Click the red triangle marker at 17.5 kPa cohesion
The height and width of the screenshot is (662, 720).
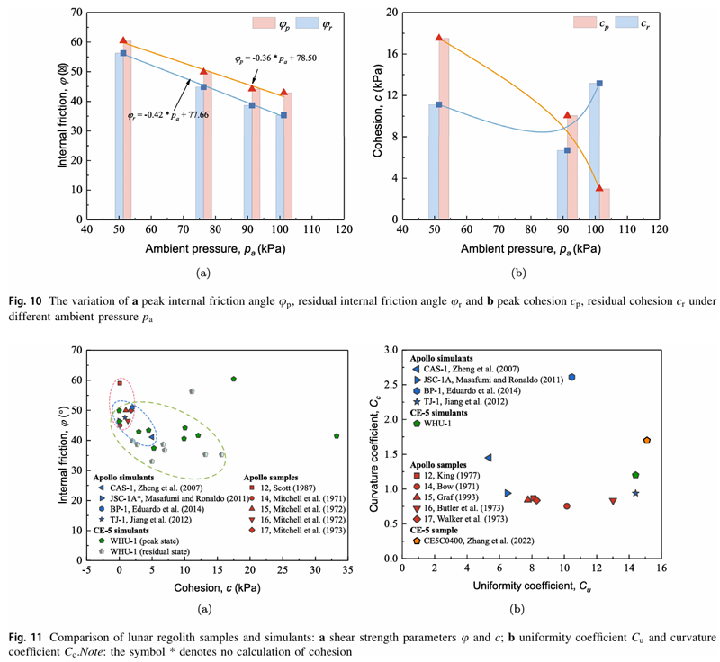(439, 38)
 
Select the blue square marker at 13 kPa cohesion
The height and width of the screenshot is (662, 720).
(599, 84)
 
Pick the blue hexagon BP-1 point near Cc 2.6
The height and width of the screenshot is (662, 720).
(572, 353)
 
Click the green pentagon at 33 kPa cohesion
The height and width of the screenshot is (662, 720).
(337, 436)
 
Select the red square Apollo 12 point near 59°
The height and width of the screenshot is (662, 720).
(120, 383)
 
